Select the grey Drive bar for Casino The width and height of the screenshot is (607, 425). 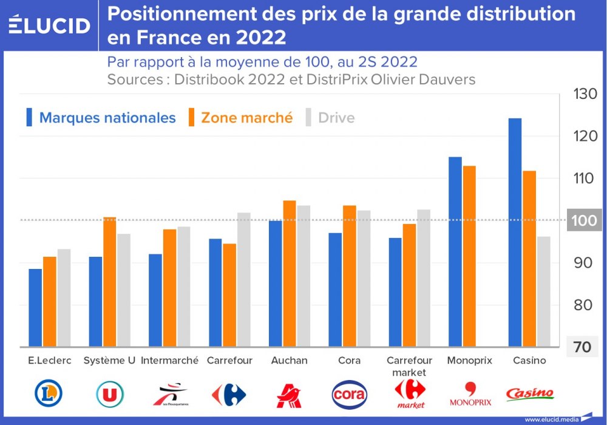click(x=543, y=291)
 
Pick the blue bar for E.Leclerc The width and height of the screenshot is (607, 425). click(x=35, y=307)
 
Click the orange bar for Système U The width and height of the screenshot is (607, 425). click(x=109, y=282)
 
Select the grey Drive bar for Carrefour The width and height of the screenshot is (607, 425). click(x=243, y=279)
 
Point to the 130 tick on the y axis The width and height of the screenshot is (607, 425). click(x=585, y=94)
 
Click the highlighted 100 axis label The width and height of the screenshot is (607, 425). click(x=585, y=220)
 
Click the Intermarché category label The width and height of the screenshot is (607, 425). click(x=169, y=361)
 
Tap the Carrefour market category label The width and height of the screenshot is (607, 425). click(x=409, y=366)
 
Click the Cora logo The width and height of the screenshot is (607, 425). click(x=350, y=395)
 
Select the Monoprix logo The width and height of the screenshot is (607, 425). click(x=470, y=395)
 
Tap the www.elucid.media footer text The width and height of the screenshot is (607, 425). click(x=551, y=419)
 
